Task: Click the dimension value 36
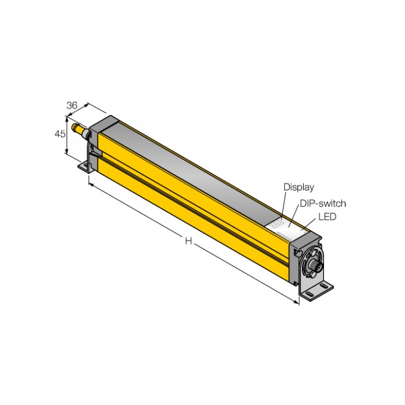(71, 105)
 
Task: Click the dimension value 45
(60, 135)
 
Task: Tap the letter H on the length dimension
(188, 241)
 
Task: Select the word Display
(298, 187)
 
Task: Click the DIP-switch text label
(323, 203)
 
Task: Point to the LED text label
(327, 217)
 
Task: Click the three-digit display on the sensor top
(278, 225)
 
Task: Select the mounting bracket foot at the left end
(86, 167)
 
